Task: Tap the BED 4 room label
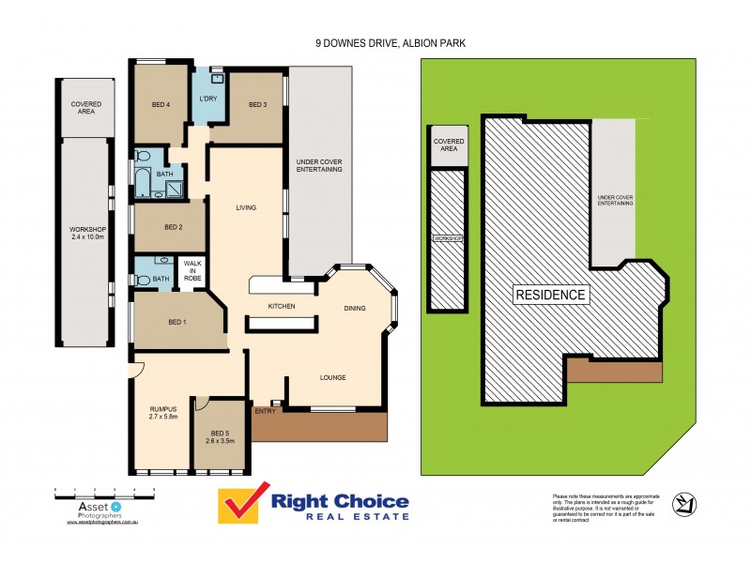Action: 161,104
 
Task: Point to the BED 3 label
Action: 258,104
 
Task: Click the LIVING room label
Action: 246,207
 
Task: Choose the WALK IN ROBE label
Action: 192,271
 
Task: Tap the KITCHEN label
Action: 282,307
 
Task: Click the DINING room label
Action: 354,308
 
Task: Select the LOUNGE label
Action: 332,377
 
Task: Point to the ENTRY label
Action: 265,410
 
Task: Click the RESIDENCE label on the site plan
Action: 550,295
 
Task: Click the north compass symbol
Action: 683,505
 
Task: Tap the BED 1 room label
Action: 176,322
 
